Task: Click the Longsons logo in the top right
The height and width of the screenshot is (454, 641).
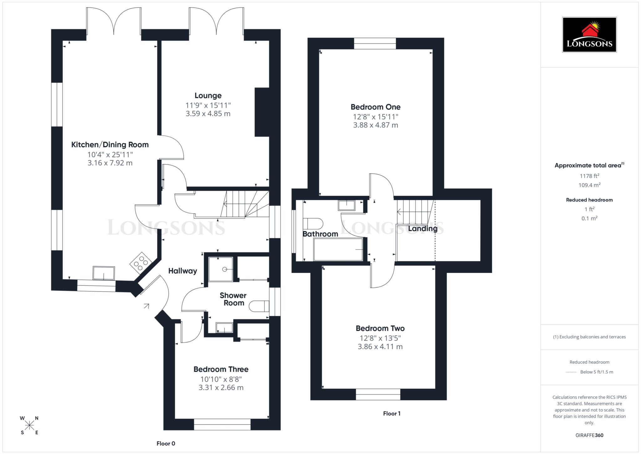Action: tap(589, 34)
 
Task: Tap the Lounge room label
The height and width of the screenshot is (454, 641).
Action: tap(208, 96)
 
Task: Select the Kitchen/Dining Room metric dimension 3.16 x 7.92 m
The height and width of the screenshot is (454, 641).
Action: tap(110, 163)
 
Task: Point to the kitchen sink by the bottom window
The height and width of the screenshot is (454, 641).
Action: tap(104, 273)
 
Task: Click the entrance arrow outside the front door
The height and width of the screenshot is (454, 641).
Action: tap(146, 306)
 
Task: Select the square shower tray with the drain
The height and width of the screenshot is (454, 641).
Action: tap(221, 269)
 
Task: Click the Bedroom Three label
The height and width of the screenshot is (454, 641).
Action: tap(221, 369)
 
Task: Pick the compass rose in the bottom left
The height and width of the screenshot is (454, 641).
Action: tap(29, 425)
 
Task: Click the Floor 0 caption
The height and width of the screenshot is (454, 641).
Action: tap(166, 443)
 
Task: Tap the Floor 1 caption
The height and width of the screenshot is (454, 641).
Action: tap(392, 413)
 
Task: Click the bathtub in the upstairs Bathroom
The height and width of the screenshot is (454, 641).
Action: tap(338, 249)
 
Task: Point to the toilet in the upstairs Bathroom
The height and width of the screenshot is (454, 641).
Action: tap(313, 224)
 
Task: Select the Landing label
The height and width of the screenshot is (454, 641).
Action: tap(423, 229)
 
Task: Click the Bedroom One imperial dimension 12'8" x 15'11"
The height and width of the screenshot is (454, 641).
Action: tap(375, 117)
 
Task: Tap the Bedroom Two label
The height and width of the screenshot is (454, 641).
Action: tap(380, 328)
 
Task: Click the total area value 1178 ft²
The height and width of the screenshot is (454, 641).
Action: tap(589, 176)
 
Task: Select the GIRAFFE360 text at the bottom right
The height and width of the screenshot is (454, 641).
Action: tap(589, 435)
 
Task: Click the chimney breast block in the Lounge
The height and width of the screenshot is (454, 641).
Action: tap(262, 112)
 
